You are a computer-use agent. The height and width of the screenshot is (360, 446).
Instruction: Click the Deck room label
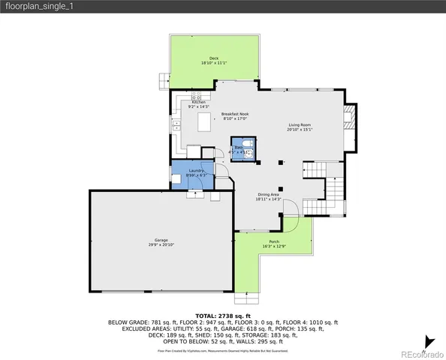[215, 60]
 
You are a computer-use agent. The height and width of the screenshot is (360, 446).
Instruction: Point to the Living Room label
[300, 127]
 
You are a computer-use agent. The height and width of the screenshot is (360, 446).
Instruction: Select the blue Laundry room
[194, 174]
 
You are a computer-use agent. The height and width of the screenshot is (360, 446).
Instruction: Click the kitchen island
[204, 124]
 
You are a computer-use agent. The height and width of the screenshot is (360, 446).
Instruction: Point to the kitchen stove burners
[197, 97]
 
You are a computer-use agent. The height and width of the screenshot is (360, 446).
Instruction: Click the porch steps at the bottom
[245, 288]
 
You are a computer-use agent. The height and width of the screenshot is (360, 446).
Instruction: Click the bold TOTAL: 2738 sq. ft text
[223, 316]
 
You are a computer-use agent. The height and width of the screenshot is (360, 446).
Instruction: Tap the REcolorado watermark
[420, 353]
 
